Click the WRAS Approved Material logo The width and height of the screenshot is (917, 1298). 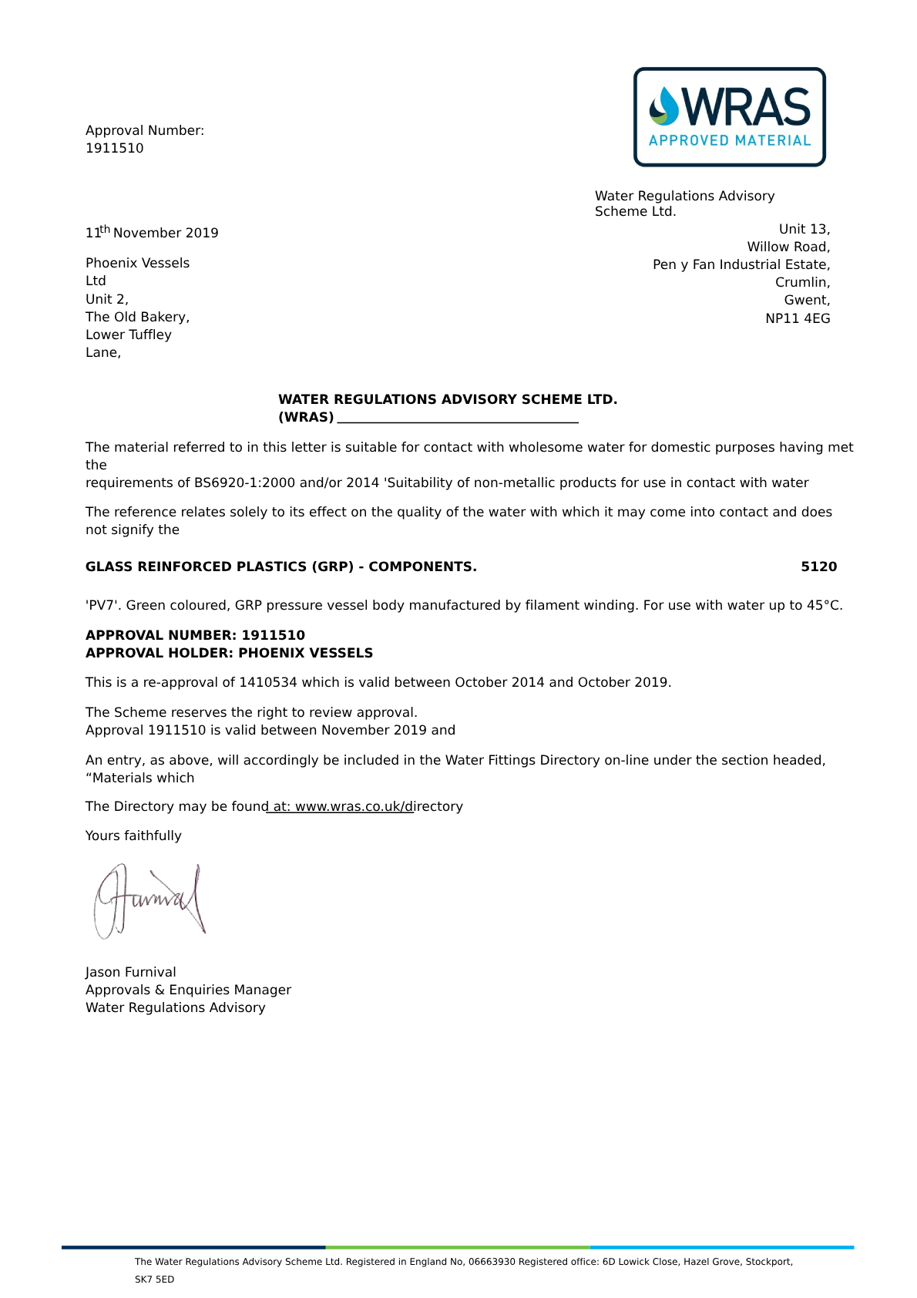pos(729,117)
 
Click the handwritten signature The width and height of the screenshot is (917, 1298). pos(150,900)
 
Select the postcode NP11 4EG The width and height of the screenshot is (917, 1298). pos(798,318)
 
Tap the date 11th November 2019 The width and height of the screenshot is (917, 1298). pos(152,233)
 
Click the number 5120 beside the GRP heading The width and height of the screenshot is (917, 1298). pos(818,567)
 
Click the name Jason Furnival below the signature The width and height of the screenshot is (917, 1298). pos(131,972)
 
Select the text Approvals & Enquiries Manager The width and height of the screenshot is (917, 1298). pos(188,990)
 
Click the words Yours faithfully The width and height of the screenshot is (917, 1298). pos(133,836)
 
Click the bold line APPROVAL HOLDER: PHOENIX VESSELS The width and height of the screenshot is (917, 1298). pos(229,653)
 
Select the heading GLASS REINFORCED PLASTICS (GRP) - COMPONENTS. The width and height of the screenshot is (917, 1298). pos(280,567)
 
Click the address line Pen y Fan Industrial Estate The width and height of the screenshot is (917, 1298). pos(741,264)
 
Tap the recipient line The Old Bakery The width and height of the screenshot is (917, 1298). pos(137,317)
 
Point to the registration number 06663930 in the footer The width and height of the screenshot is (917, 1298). pos(492,1262)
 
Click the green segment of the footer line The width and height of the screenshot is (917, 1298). pos(458,1247)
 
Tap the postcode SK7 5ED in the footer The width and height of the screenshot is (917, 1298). pos(155,1280)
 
